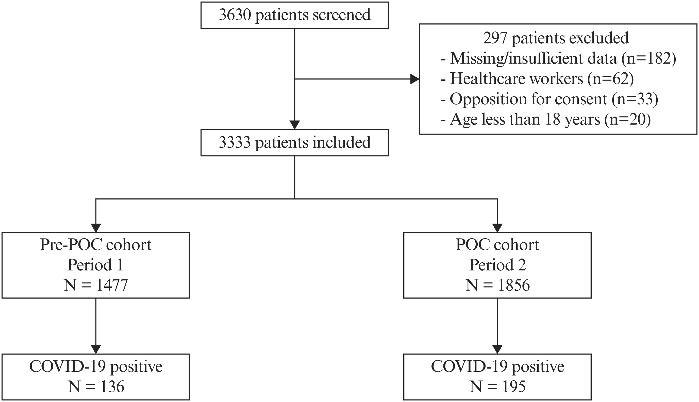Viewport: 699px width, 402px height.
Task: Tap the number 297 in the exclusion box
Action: click(495, 38)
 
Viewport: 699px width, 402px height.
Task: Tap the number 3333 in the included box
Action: click(235, 142)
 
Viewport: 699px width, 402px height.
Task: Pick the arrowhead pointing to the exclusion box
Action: click(415, 79)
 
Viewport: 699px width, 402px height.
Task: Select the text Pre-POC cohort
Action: click(96, 245)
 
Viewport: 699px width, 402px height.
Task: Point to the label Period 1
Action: click(95, 265)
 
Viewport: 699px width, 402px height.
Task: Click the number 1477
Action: click(112, 285)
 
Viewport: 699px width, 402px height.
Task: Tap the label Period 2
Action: click(497, 265)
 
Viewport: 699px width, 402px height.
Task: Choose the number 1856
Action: click(514, 285)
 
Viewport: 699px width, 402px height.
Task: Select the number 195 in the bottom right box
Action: click(514, 387)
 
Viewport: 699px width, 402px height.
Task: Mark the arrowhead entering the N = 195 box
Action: click(497, 349)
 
